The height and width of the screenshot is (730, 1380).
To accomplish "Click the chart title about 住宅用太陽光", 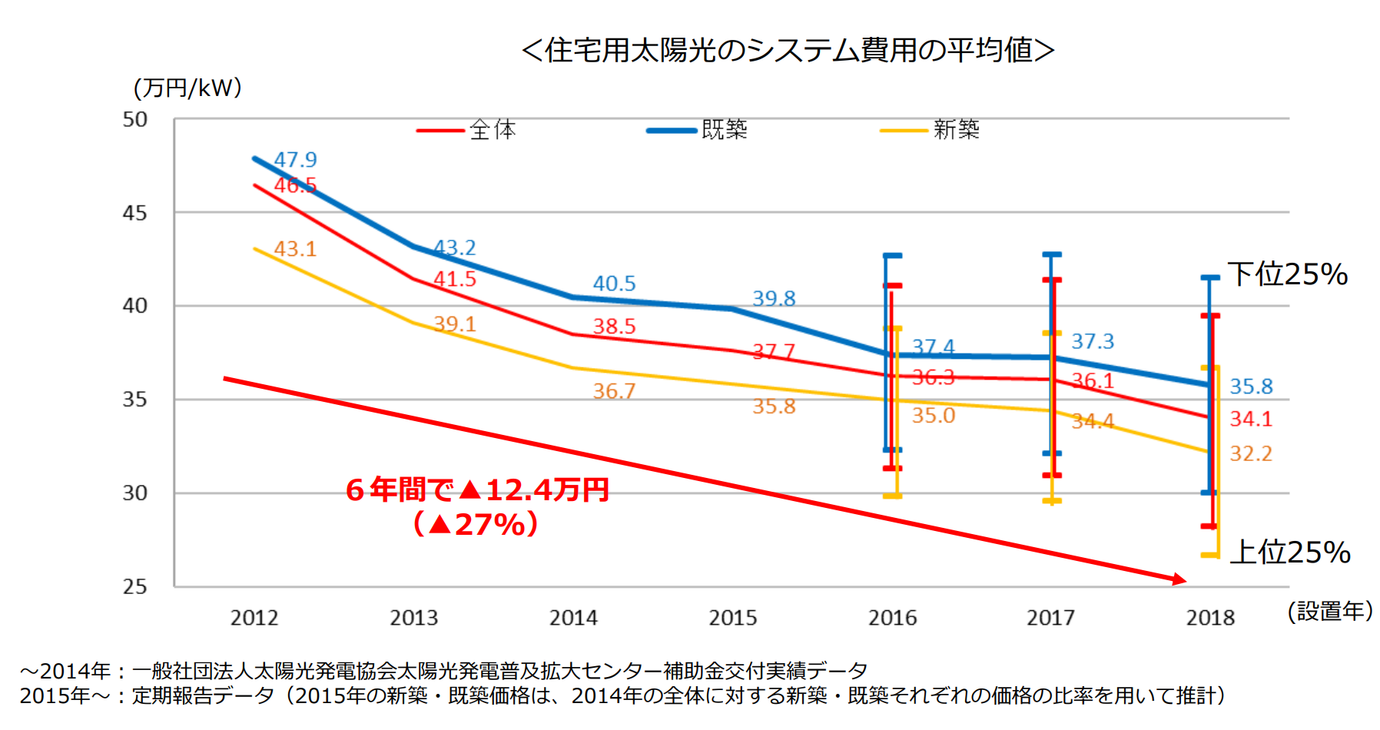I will (788, 51).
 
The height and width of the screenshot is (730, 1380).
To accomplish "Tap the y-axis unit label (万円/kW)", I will (187, 88).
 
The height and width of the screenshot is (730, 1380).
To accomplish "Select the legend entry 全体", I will (493, 130).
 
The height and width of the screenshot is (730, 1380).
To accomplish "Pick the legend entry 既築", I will (724, 130).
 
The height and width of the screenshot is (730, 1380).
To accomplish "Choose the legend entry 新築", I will (956, 130).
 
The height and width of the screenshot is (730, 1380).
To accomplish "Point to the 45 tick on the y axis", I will (134, 213).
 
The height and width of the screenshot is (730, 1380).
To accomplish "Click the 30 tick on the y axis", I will (134, 493).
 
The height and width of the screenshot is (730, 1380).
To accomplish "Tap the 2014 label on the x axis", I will (573, 618).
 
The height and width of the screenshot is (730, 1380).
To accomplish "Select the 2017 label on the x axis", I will (1050, 618).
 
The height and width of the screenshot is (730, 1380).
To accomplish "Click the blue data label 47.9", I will (295, 160).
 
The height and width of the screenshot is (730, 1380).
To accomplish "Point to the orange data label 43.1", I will (295, 249).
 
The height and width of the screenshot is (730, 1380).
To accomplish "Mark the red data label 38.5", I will (614, 327).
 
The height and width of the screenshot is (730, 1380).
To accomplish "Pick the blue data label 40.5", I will (614, 284).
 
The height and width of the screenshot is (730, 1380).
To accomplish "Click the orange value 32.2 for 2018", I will (1251, 453).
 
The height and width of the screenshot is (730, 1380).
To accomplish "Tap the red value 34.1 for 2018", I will (1251, 419).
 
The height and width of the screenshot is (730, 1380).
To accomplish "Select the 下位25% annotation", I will (1288, 274).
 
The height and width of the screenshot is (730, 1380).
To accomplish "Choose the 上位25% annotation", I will (1290, 552).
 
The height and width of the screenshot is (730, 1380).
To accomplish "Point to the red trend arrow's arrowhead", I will (1179, 579).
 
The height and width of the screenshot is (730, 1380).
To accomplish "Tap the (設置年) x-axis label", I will (1330, 612).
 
